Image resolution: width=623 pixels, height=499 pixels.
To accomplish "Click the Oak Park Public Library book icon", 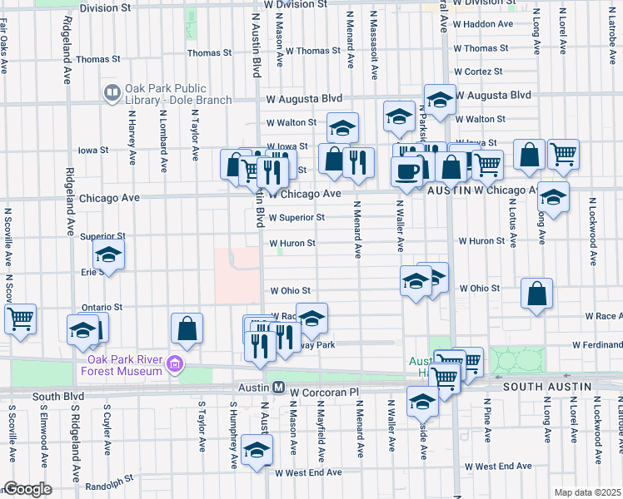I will pos(112,92).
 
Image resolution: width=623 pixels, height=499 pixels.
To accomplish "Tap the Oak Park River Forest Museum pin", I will pos(175,363).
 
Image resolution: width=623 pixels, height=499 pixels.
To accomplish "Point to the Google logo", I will pos(27,489).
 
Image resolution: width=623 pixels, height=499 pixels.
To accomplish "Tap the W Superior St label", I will pos(297,218).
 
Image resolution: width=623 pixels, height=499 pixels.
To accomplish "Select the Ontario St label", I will pos(101,307).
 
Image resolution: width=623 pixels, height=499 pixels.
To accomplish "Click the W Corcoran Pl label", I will pos(325,388).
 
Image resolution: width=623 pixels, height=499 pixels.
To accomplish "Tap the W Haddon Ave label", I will pos(483,24).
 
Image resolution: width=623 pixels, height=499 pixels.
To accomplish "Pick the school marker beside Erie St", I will pos(108,256).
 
